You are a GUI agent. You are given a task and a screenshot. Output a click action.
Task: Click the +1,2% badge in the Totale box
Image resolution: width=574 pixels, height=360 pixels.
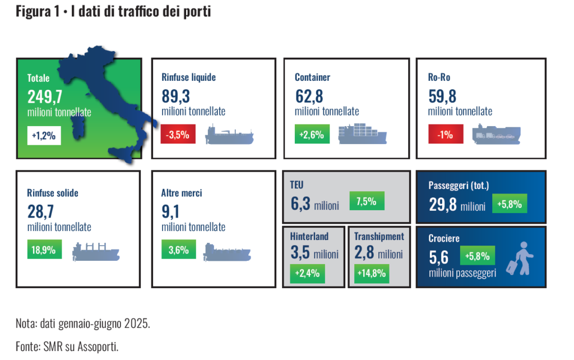tap(44, 136)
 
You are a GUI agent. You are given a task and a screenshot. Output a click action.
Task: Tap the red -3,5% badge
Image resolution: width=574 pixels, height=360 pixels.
tap(178, 135)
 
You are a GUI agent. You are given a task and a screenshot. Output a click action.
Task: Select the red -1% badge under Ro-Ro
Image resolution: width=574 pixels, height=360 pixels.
tap(445, 135)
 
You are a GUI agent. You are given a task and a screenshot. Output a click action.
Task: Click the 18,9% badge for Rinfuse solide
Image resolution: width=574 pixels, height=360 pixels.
tap(44, 250)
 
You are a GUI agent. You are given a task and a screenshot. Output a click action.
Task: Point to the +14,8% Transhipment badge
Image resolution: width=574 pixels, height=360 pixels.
tap(371, 274)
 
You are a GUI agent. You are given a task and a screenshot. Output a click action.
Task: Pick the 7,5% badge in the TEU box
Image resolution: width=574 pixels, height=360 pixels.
tap(366, 201)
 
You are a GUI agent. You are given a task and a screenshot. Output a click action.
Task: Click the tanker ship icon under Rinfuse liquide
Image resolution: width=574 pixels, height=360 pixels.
tap(229, 135)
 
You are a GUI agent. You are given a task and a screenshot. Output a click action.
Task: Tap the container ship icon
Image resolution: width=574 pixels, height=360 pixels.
tap(362, 133)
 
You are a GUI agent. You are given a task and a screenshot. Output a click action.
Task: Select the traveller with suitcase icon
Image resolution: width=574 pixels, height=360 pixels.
tap(521, 259)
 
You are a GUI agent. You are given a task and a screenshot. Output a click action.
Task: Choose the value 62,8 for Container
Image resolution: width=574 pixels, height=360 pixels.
tap(309, 97)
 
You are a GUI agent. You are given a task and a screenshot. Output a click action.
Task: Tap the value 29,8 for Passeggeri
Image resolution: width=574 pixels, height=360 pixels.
tap(442, 205)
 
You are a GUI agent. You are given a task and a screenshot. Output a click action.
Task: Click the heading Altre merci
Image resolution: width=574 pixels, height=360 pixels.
tap(182, 193)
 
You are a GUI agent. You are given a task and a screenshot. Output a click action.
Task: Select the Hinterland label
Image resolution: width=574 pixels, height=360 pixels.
tap(309, 236)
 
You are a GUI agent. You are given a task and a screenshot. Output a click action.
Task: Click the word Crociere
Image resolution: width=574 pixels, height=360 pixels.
tap(444, 238)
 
